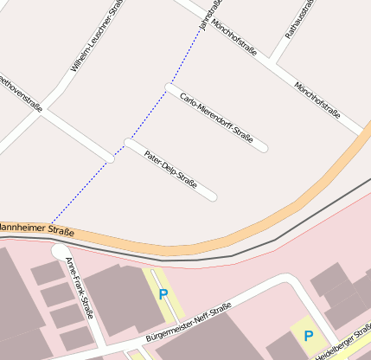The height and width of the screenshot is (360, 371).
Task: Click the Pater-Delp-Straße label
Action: [x=171, y=170]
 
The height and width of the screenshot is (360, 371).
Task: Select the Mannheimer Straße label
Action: [x=35, y=229]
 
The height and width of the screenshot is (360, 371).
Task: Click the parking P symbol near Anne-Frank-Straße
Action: [x=163, y=294]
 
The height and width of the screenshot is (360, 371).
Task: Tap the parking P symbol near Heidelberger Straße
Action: [x=307, y=335]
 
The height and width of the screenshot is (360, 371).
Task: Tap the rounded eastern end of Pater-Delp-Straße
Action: [x=213, y=197]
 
